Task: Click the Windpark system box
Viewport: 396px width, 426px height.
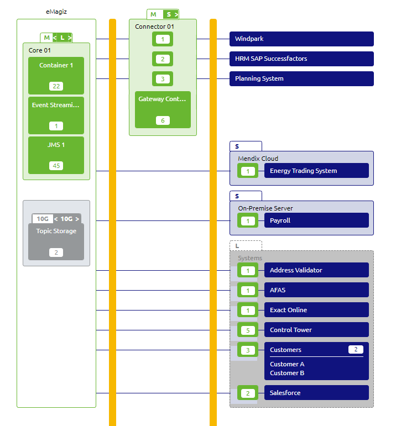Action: pos(301,39)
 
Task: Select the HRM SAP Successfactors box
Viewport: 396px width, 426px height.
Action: pos(301,59)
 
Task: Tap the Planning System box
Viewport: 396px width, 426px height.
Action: pos(301,78)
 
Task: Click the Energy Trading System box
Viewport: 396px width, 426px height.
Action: pos(316,171)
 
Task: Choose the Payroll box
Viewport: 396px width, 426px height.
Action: pos(316,220)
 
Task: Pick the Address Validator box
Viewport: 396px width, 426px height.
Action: pos(316,270)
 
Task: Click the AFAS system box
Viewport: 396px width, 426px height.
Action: pos(316,290)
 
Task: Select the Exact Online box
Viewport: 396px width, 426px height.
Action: pos(316,310)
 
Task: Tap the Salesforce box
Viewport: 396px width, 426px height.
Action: pos(316,393)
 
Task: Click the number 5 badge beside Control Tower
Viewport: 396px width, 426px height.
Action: pos(248,330)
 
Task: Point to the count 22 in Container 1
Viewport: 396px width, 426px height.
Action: pos(56,86)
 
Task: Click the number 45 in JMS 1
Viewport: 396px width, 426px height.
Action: pos(56,166)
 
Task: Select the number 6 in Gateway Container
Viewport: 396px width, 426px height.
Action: pos(163,120)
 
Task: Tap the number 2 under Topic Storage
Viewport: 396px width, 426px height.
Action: pos(56,253)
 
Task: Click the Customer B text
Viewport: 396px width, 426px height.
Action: pos(287,373)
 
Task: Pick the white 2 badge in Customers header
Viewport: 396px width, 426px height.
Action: pos(356,349)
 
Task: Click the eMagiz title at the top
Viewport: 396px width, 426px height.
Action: pos(56,11)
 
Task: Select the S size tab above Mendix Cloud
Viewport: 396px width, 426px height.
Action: pos(246,146)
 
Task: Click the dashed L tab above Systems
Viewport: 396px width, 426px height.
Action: pos(246,246)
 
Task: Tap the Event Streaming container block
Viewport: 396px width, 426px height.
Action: pos(56,115)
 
